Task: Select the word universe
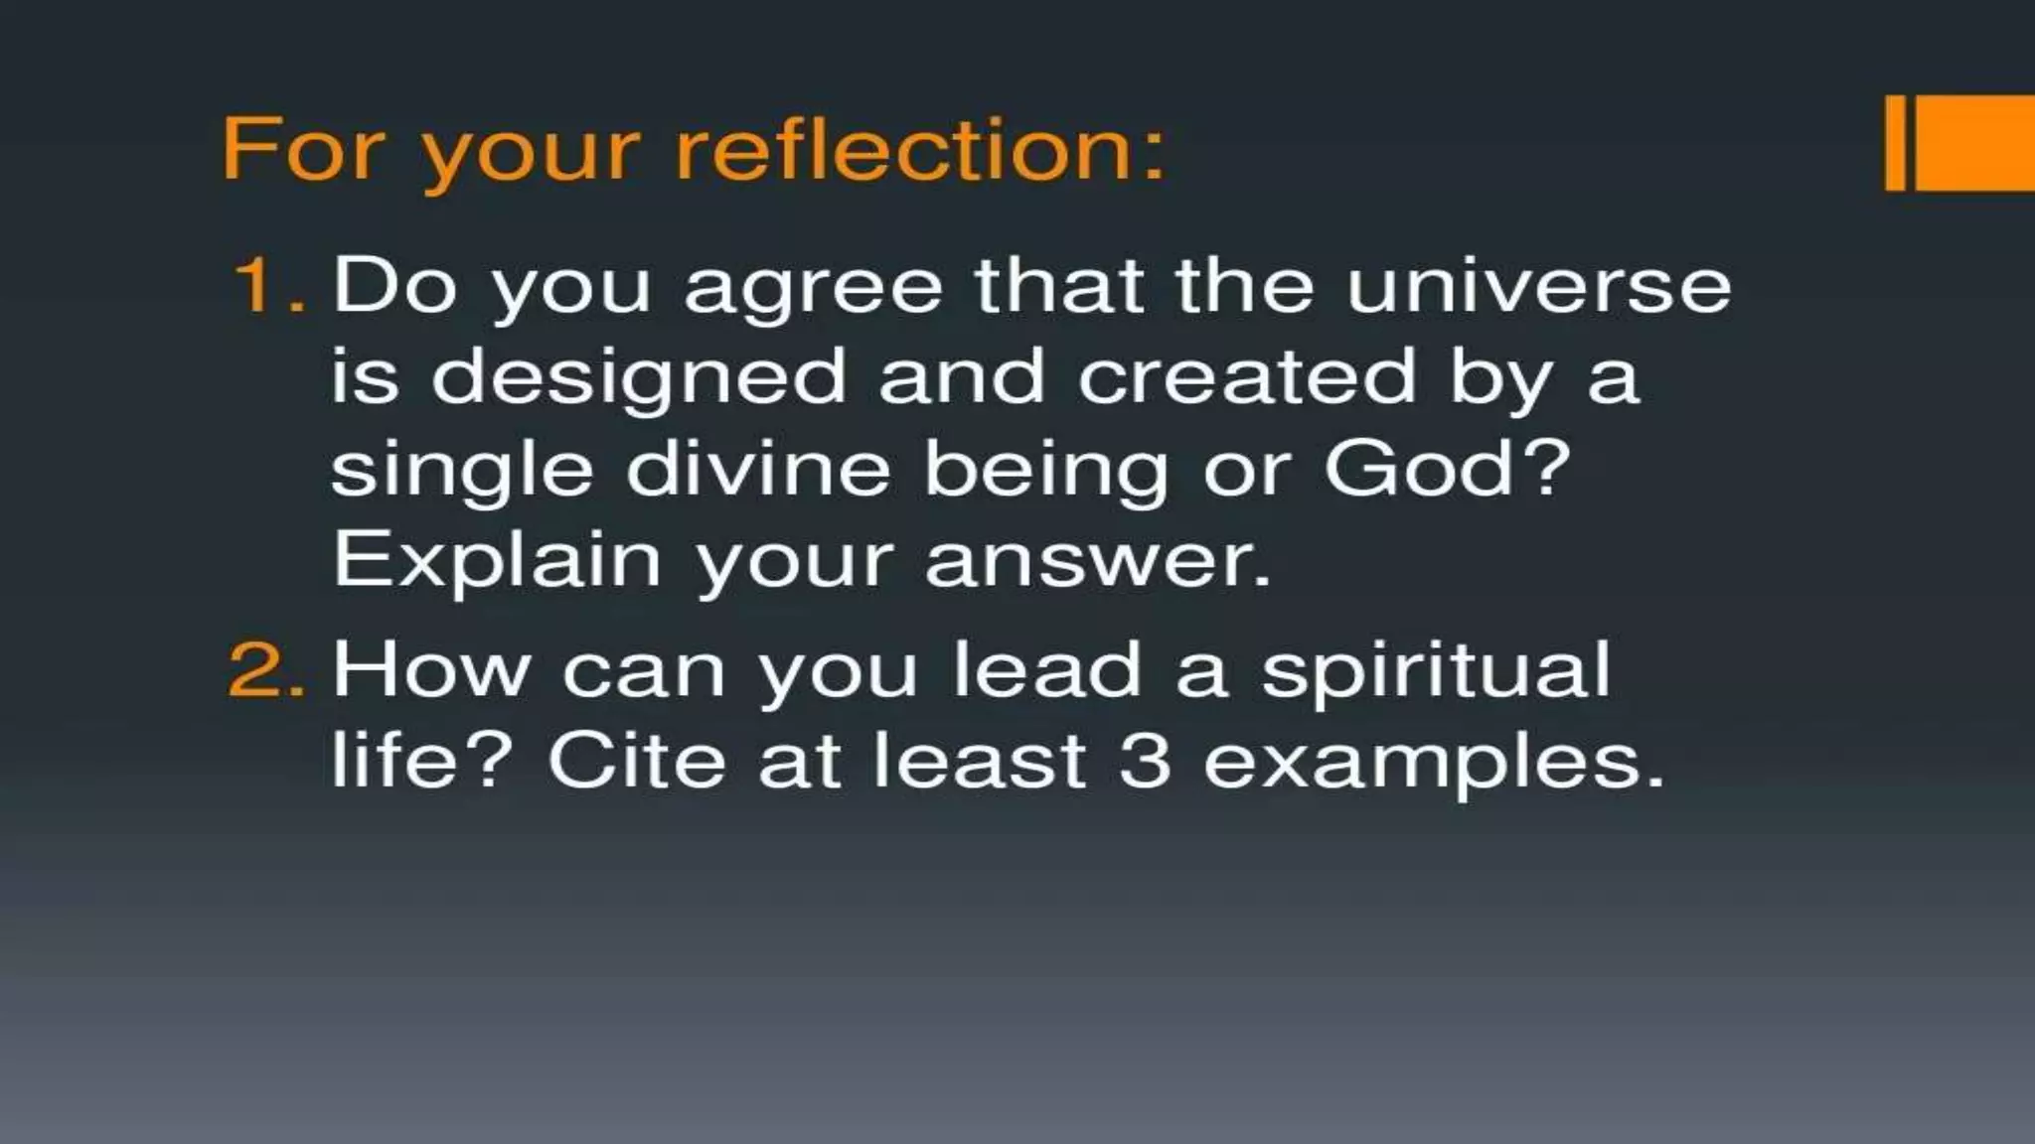1538,286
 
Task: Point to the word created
1246,377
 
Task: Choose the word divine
757,469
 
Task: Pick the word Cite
636,762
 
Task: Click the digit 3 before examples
1145,762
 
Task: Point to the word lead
1047,670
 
